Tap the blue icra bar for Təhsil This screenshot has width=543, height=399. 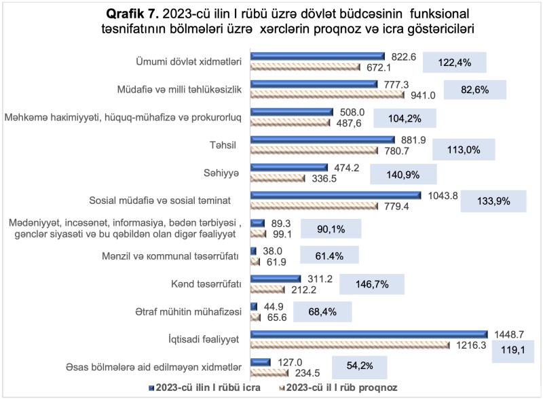(318, 140)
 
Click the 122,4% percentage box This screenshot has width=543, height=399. (455, 63)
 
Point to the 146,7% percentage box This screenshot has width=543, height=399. (371, 284)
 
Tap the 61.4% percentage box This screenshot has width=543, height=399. (329, 256)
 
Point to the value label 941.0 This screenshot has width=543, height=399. (422, 95)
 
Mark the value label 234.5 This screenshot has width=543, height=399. (307, 372)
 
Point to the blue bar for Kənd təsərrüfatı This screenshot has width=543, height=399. (276, 279)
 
